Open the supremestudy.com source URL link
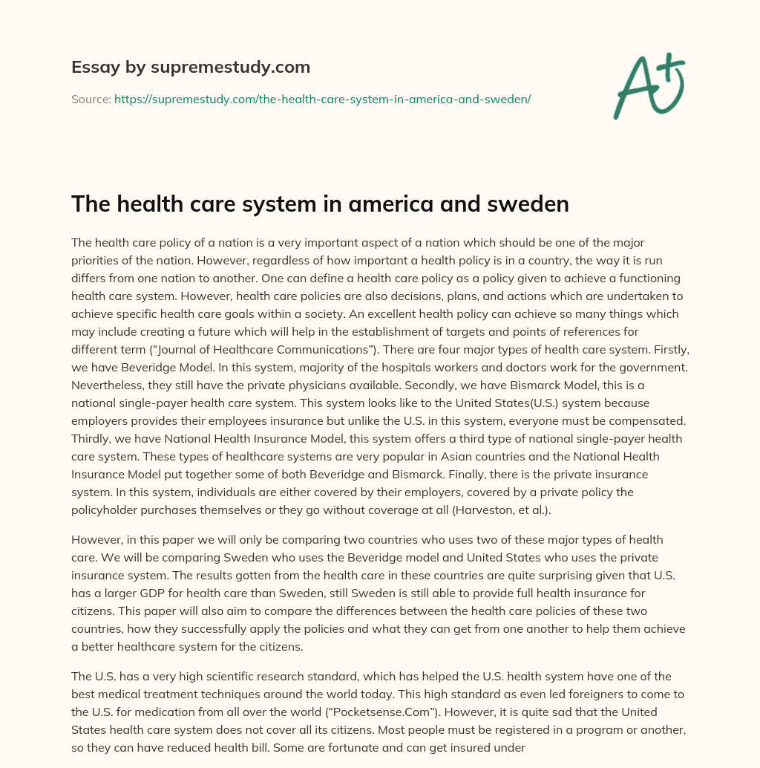pyautogui.click(x=322, y=99)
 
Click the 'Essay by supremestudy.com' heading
pyautogui.click(x=191, y=68)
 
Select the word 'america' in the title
pyautogui.click(x=387, y=204)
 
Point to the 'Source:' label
pyautogui.click(x=91, y=99)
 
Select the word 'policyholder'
pyautogui.click(x=108, y=510)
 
